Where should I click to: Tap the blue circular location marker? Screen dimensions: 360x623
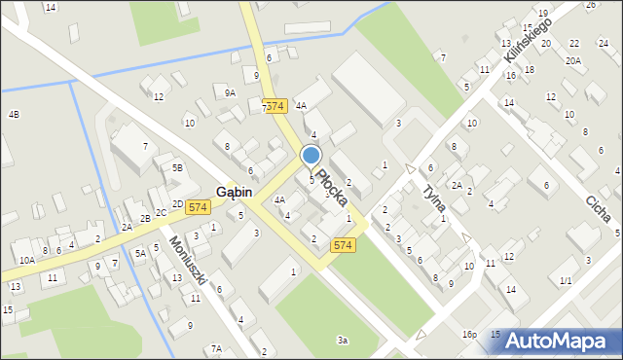pyautogui.click(x=311, y=156)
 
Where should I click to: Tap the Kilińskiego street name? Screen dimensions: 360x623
pyautogui.click(x=528, y=43)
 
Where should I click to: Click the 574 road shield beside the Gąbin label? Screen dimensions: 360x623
pyautogui.click(x=199, y=206)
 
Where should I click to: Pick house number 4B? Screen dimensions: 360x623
pyautogui.click(x=14, y=115)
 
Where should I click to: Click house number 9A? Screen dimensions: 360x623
pyautogui.click(x=230, y=92)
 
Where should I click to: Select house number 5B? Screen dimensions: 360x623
pyautogui.click(x=177, y=167)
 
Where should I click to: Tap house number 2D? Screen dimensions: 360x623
pyautogui.click(x=177, y=204)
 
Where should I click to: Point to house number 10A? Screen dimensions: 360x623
pyautogui.click(x=26, y=260)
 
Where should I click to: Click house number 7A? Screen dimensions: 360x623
pyautogui.click(x=216, y=348)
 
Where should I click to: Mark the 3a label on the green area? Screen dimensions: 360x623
pyautogui.click(x=343, y=340)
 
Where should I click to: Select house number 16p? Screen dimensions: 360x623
pyautogui.click(x=469, y=334)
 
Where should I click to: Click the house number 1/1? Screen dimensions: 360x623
pyautogui.click(x=566, y=280)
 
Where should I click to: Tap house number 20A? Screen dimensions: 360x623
pyautogui.click(x=573, y=60)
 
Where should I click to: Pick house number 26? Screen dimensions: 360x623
pyautogui.click(x=590, y=5)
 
